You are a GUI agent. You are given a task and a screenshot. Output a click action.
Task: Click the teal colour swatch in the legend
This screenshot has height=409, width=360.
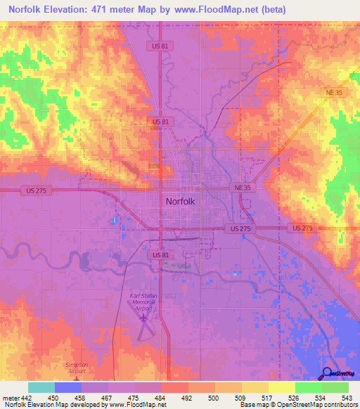(x=41, y=387)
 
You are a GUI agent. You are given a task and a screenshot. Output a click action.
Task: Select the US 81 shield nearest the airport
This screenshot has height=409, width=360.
(x=161, y=254)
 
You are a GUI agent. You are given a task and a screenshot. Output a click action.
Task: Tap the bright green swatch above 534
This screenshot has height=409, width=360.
(x=309, y=387)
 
